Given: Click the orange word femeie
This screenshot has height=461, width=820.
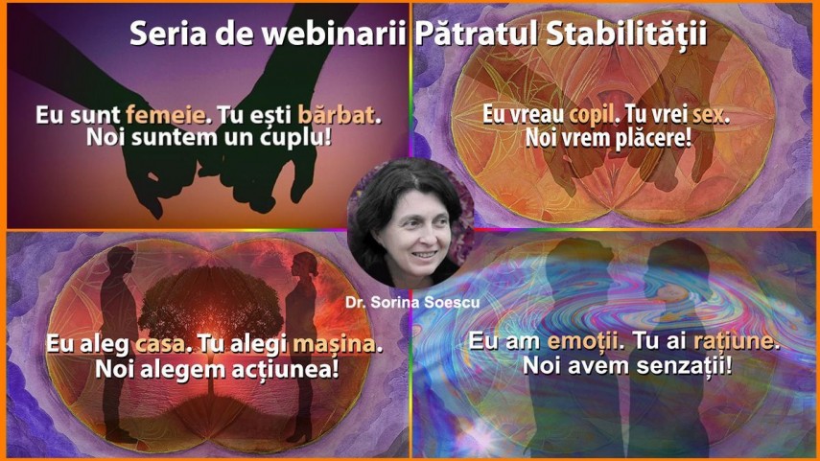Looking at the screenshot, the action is pyautogui.click(x=165, y=115).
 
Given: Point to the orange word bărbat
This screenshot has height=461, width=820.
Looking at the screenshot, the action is pyautogui.click(x=337, y=115).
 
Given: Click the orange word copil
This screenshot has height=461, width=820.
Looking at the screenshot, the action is pyautogui.click(x=591, y=115).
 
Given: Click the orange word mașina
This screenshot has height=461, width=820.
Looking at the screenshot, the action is pyautogui.click(x=334, y=344).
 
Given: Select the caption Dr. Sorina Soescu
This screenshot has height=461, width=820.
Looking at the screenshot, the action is pyautogui.click(x=412, y=302).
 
